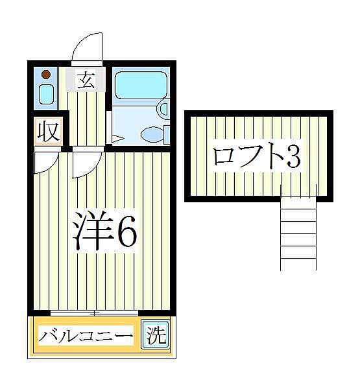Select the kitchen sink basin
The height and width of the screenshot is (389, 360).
coord(46,95)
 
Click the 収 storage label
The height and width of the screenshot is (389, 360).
coord(47,131)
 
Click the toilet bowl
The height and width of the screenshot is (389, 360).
coord(153,135)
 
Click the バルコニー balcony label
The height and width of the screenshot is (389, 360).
coord(86,337)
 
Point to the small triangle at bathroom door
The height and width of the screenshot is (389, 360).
coord(116,138)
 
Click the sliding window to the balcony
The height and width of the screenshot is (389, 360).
coord(95,313)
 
